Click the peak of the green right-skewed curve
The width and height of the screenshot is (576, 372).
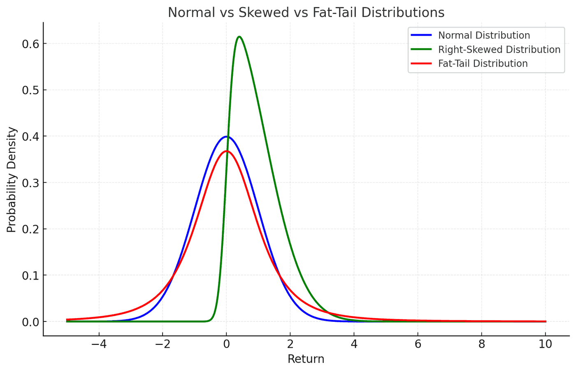[239, 37]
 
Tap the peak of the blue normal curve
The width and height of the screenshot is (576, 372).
[227, 136]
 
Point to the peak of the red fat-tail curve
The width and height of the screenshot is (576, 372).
[227, 151]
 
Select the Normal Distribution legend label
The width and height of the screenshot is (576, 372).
[484, 35]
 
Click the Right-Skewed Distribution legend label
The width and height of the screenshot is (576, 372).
[499, 49]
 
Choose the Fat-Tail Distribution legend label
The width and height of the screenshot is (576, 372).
[483, 63]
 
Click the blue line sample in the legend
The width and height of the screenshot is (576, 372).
[421, 35]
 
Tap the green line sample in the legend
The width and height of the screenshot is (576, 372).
[421, 49]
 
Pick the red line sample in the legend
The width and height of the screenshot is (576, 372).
[421, 63]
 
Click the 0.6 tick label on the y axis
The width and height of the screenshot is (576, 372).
[30, 44]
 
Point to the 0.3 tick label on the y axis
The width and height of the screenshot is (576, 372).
[30, 183]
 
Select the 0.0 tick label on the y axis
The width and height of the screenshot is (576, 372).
[30, 322]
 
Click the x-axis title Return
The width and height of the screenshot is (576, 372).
[306, 359]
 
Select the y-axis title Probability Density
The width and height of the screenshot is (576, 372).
[12, 180]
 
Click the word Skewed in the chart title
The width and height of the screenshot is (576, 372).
[264, 12]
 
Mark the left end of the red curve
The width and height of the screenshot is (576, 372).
[66, 320]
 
